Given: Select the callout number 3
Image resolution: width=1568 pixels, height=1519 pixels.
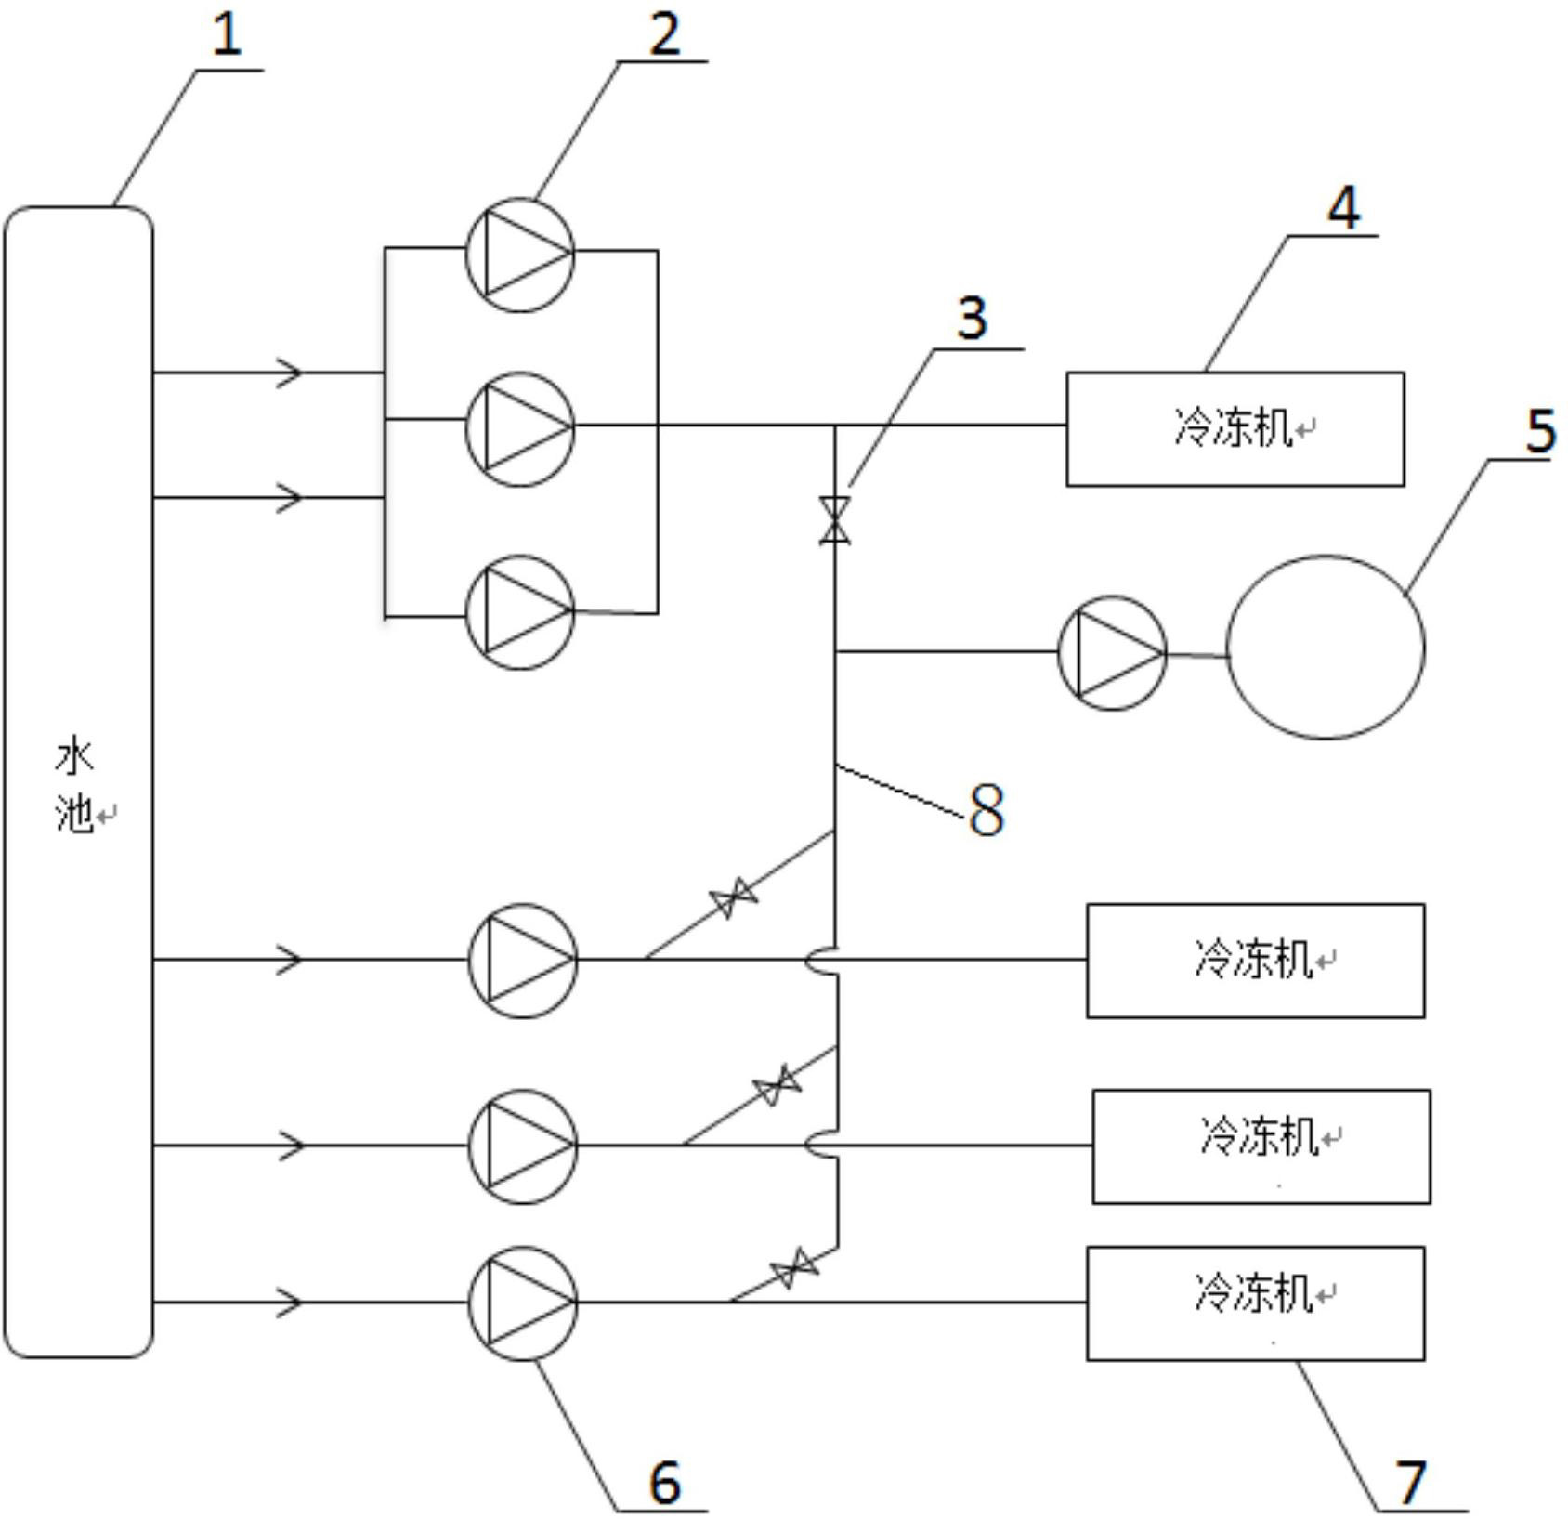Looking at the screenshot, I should coord(972,319).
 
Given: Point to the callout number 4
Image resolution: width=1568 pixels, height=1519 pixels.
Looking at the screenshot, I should coord(1343,207).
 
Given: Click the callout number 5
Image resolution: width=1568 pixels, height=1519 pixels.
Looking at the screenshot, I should coord(1540,431).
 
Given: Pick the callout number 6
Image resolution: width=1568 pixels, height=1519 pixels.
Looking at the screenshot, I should coord(664,1482).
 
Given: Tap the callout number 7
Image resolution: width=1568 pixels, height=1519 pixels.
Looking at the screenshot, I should coord(1411,1482).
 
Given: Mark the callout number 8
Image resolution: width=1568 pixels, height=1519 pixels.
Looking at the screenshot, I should coord(986,809).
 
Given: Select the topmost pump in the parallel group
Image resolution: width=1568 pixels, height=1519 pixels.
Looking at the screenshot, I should coord(519,254).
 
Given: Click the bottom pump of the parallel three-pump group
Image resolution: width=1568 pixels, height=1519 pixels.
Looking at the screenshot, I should coord(519,612).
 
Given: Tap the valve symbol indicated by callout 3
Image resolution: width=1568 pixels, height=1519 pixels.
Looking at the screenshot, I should coord(834,520).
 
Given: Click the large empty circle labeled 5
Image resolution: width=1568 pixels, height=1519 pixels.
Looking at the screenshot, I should coord(1326,648).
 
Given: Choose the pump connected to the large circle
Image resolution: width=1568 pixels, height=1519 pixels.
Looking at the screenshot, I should coord(1112,652).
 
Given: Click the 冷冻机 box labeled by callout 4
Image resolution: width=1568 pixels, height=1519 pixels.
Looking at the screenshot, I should coord(1235,429).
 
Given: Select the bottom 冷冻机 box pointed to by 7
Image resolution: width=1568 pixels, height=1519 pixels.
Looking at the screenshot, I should coord(1255,1303).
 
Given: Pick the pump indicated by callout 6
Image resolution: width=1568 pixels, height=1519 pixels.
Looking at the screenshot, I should coord(522,1303).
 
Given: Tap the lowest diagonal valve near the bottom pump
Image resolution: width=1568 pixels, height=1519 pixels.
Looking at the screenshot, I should coord(794,1267).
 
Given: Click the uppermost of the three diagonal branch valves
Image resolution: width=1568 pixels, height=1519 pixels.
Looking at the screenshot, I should coord(733,897).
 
